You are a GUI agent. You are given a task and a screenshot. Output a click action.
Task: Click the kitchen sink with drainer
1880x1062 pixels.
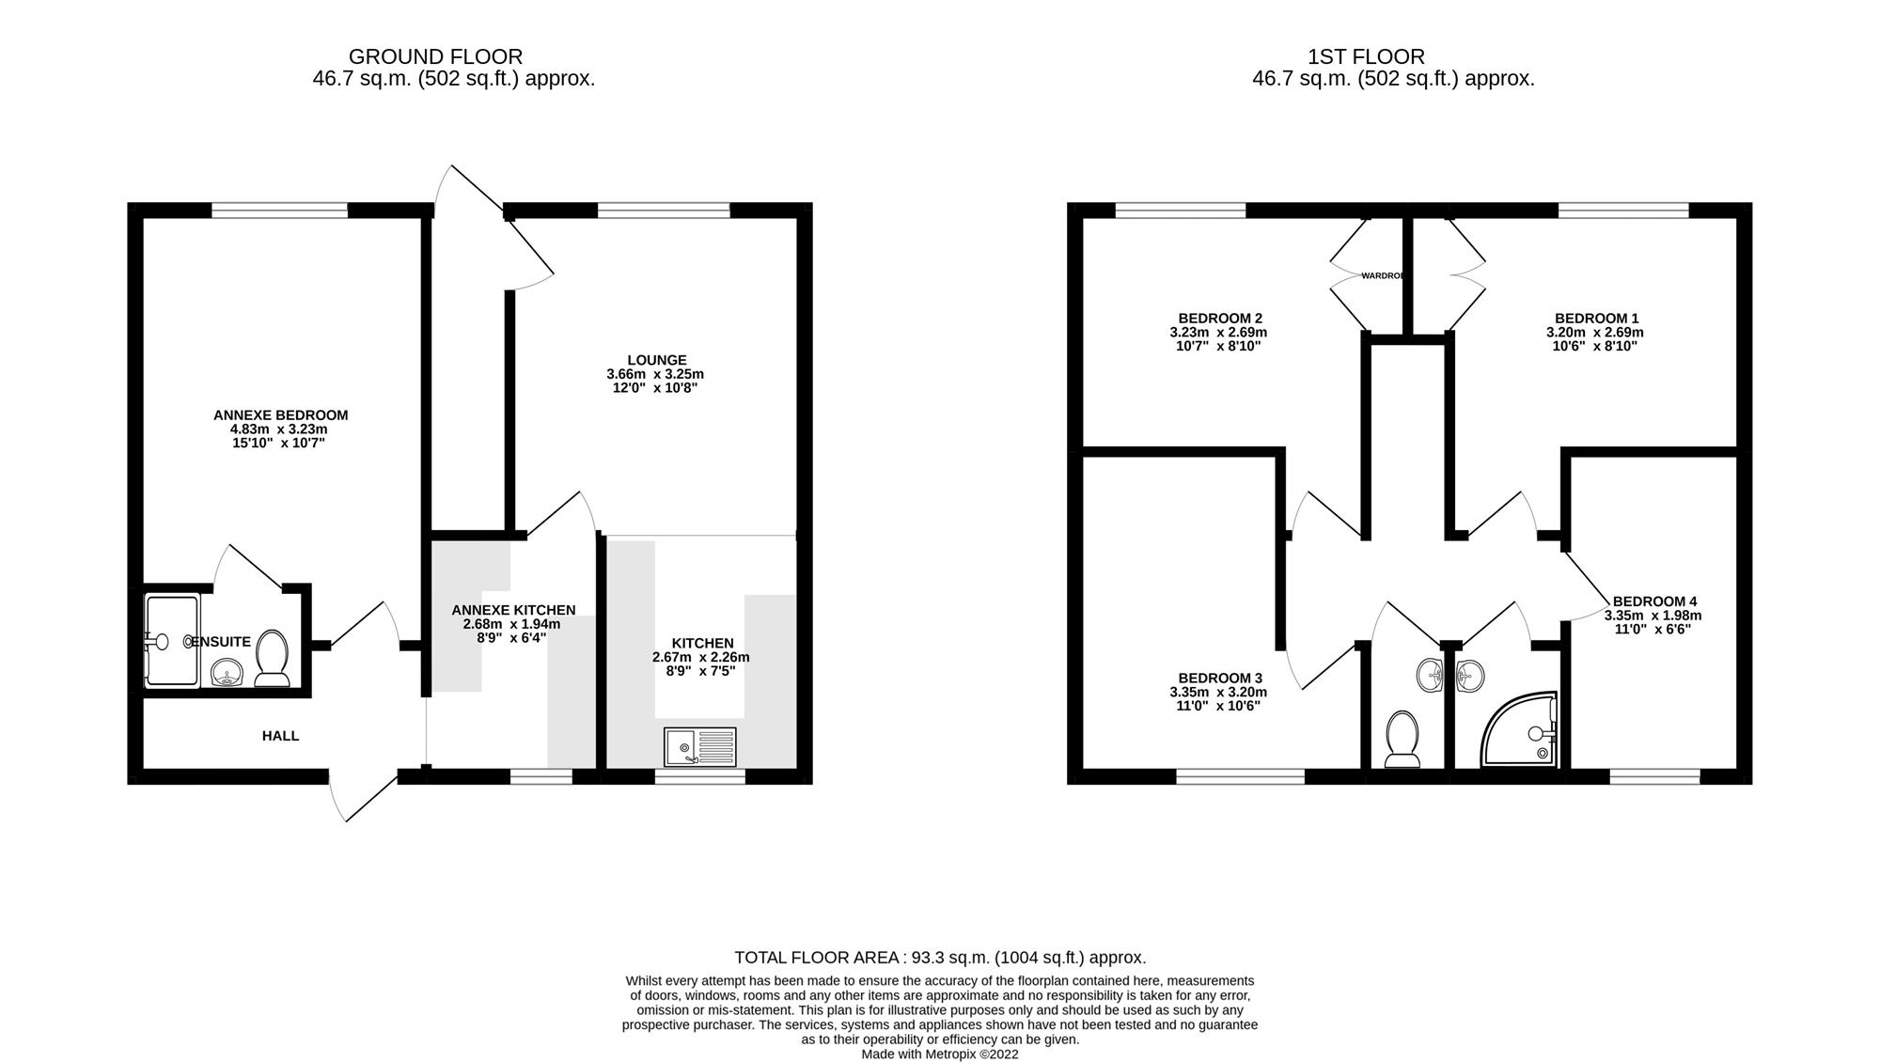point(699,747)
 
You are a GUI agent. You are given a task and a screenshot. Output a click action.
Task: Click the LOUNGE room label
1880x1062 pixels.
point(657,360)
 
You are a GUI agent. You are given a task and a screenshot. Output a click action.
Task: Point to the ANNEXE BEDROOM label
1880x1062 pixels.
point(280,414)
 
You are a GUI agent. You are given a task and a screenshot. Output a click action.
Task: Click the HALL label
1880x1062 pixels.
point(280,736)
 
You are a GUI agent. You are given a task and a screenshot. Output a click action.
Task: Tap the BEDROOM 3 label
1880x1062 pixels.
point(1219,678)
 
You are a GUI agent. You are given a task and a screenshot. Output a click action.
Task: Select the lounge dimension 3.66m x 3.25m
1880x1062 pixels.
point(655,374)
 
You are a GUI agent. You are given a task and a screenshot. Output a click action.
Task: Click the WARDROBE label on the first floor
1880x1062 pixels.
point(1383,275)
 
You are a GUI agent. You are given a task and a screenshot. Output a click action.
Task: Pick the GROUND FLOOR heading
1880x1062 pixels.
point(435,56)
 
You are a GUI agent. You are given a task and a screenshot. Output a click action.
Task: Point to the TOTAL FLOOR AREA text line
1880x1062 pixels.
point(940,958)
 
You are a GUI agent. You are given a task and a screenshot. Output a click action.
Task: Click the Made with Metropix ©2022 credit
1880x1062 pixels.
point(940,1054)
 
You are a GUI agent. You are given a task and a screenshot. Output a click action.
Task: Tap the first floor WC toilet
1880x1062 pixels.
point(1402,739)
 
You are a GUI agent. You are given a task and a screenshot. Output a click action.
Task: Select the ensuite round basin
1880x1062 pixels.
point(227,672)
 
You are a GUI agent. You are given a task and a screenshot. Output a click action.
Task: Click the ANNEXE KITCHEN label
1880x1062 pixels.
point(513,610)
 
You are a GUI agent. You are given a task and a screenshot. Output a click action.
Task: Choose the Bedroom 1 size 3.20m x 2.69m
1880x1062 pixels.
point(1594,332)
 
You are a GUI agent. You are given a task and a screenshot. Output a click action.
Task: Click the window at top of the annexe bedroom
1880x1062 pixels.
point(279,210)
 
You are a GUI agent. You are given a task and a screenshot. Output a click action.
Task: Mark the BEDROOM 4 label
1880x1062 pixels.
point(1654,601)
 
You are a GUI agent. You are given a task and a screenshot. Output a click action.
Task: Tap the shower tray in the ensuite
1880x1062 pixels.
point(172,641)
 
